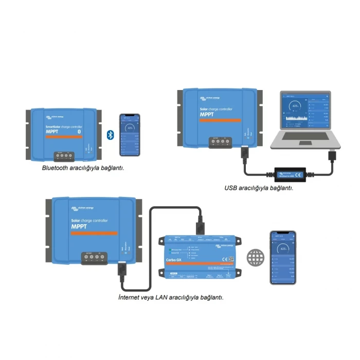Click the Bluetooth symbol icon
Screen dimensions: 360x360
point(110,135)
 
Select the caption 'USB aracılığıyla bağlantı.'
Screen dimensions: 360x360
point(259,188)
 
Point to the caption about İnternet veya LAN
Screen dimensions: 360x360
point(170,297)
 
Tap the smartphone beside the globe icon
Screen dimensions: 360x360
point(283,257)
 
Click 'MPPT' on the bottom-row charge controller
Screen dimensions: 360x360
point(79,226)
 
